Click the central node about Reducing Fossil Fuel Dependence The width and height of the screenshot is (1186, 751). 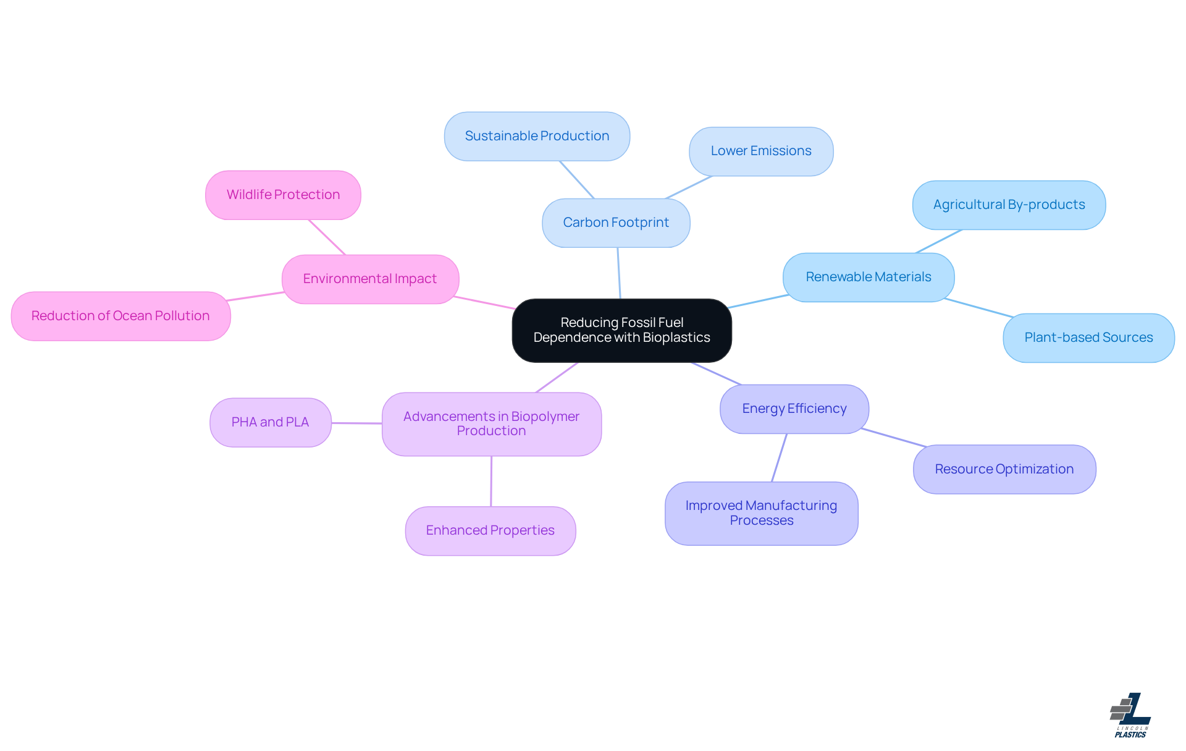621,330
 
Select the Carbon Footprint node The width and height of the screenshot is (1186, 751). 616,223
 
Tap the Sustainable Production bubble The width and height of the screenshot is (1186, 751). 537,136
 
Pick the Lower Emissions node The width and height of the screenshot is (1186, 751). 760,151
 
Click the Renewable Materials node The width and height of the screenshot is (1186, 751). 868,277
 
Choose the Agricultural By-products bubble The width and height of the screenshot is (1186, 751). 1009,205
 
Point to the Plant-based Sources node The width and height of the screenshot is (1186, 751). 1088,337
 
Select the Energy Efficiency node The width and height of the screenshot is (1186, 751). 794,409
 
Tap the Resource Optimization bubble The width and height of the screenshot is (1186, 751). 1004,469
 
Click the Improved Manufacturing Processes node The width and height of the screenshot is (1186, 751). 761,513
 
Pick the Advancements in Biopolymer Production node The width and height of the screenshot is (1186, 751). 491,424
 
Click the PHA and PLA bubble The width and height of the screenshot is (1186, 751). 270,422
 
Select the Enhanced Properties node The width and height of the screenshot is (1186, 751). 490,530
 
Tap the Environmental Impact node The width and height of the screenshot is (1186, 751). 370,279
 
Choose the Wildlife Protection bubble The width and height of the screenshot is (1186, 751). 283,195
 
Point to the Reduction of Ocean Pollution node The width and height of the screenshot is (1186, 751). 120,316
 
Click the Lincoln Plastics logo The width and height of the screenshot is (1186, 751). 1130,715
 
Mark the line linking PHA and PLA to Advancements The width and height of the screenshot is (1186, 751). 356,423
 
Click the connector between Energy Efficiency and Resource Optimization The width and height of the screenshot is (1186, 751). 893,437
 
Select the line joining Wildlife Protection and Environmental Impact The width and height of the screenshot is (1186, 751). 327,237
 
